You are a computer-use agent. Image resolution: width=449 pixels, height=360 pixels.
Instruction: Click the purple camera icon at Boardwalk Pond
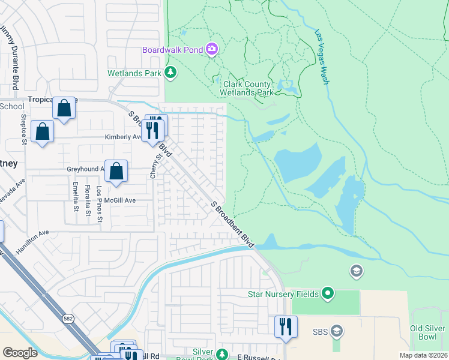tap(211, 49)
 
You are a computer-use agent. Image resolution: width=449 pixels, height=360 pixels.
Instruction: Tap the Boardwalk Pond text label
tap(172, 50)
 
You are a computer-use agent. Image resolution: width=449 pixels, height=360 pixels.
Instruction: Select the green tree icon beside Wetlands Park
tap(171, 73)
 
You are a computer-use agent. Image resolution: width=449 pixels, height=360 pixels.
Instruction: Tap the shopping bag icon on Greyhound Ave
tap(116, 171)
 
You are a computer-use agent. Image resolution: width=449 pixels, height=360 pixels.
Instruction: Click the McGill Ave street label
tap(121, 200)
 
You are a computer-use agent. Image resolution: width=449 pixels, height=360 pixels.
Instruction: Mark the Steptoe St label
tap(24, 129)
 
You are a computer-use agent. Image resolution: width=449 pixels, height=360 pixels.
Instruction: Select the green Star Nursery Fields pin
tap(327, 294)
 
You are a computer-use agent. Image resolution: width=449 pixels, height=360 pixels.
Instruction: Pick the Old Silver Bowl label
tap(429, 332)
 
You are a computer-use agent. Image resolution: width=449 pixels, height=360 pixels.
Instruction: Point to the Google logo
tap(20, 353)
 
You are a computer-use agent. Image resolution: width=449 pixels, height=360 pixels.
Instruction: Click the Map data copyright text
tap(424, 355)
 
